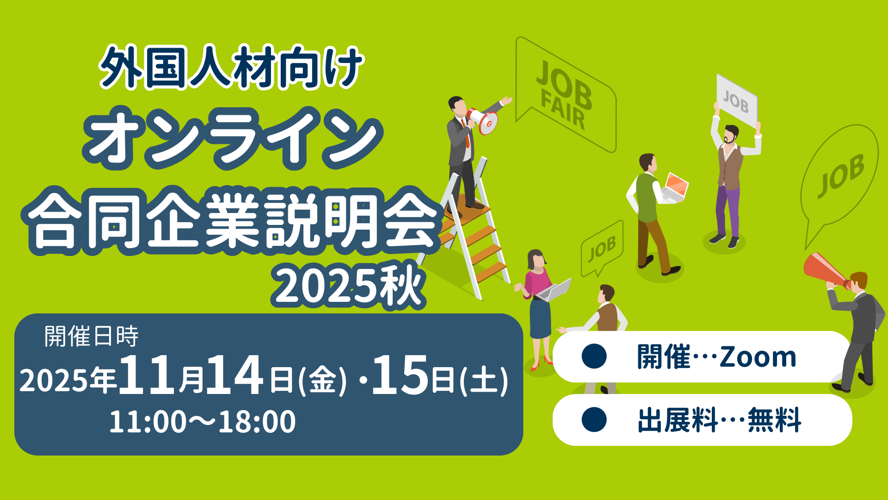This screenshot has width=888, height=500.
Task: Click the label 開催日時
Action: [x=91, y=336]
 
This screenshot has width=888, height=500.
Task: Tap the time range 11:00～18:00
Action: [x=202, y=421]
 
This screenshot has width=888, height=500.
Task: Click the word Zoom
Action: [x=758, y=357]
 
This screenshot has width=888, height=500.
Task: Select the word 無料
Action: [x=774, y=420]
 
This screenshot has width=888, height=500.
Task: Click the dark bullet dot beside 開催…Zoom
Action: [x=594, y=356]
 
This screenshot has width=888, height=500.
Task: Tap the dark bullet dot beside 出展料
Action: [x=594, y=419]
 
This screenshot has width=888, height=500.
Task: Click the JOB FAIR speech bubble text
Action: [x=563, y=95]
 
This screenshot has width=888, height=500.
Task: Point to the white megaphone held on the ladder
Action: [x=483, y=120]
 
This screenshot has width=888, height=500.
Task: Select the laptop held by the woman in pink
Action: [x=555, y=290]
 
